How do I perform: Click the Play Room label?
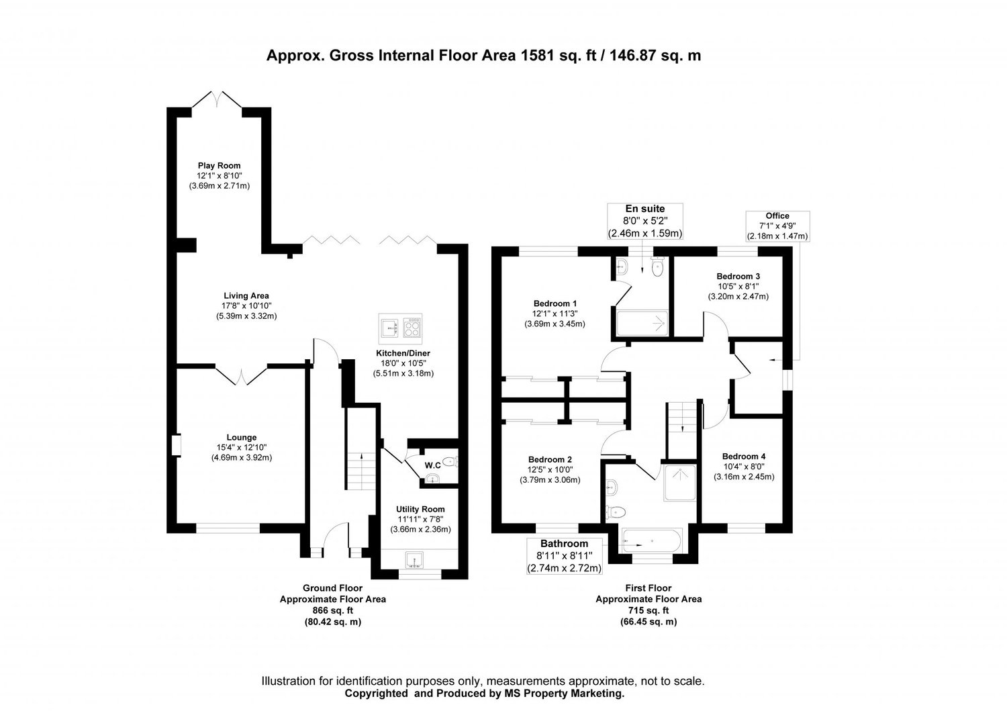coord(219,166)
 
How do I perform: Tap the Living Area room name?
coord(246,295)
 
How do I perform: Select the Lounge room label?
coord(241,438)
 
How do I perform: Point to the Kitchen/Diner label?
coord(403,353)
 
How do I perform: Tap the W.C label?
coord(432,465)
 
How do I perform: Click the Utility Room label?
coord(420,510)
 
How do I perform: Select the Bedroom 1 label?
coord(555,303)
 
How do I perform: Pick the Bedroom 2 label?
coord(550,459)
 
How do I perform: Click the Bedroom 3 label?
coord(738,276)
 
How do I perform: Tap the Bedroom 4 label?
coord(744,456)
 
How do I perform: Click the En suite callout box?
coord(645,221)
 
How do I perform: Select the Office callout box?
coord(777,226)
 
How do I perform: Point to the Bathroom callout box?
coord(565,556)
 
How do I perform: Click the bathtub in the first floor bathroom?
coord(652,540)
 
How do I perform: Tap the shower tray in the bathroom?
coord(681,483)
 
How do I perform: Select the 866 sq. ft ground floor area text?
coord(332,610)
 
